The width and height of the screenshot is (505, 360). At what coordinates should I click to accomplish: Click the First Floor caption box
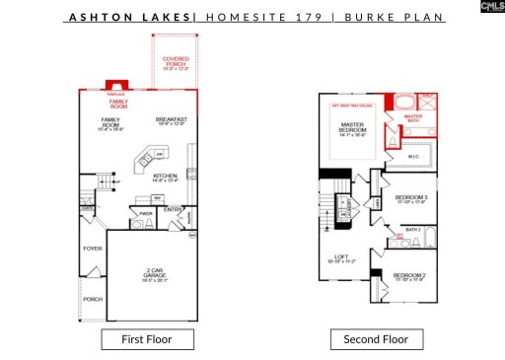147,339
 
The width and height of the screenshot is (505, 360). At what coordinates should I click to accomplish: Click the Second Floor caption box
376,339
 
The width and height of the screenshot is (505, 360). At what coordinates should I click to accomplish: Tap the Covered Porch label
176,64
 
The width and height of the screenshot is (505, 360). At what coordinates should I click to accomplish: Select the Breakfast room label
171,121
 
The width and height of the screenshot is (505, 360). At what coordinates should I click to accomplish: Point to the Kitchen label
165,178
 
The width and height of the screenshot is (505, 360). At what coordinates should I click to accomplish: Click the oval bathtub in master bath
404,101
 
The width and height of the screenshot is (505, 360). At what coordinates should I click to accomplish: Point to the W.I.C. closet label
414,156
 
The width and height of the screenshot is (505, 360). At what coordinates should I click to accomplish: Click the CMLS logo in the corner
485,8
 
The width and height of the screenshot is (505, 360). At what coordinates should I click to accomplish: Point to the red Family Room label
118,102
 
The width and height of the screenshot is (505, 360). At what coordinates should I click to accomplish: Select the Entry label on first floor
174,209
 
